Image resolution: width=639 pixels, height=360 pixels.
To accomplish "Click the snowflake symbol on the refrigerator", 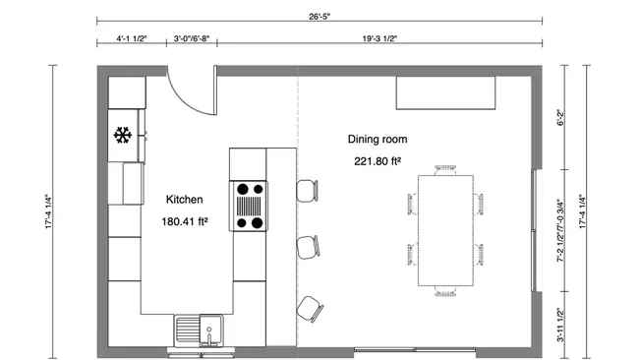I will (124, 135).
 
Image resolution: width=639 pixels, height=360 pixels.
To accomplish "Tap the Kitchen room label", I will (184, 199).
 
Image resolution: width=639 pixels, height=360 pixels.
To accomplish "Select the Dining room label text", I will (377, 139).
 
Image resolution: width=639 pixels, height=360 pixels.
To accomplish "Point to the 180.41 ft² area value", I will (185, 221).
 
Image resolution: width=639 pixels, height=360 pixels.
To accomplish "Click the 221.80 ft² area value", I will (377, 160).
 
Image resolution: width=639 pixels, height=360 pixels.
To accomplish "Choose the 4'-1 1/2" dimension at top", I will (131, 40).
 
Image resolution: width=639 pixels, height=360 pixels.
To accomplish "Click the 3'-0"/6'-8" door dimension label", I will (191, 40).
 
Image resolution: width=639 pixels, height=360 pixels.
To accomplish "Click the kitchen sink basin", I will (189, 327).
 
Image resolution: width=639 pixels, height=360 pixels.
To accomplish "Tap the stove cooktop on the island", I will (249, 206).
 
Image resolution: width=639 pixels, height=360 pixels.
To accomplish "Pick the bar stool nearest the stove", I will (308, 189).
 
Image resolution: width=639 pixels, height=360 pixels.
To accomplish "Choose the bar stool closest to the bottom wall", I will (310, 309).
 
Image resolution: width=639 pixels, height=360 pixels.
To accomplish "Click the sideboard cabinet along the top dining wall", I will (445, 94).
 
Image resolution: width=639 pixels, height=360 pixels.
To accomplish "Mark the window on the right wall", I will (535, 230).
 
